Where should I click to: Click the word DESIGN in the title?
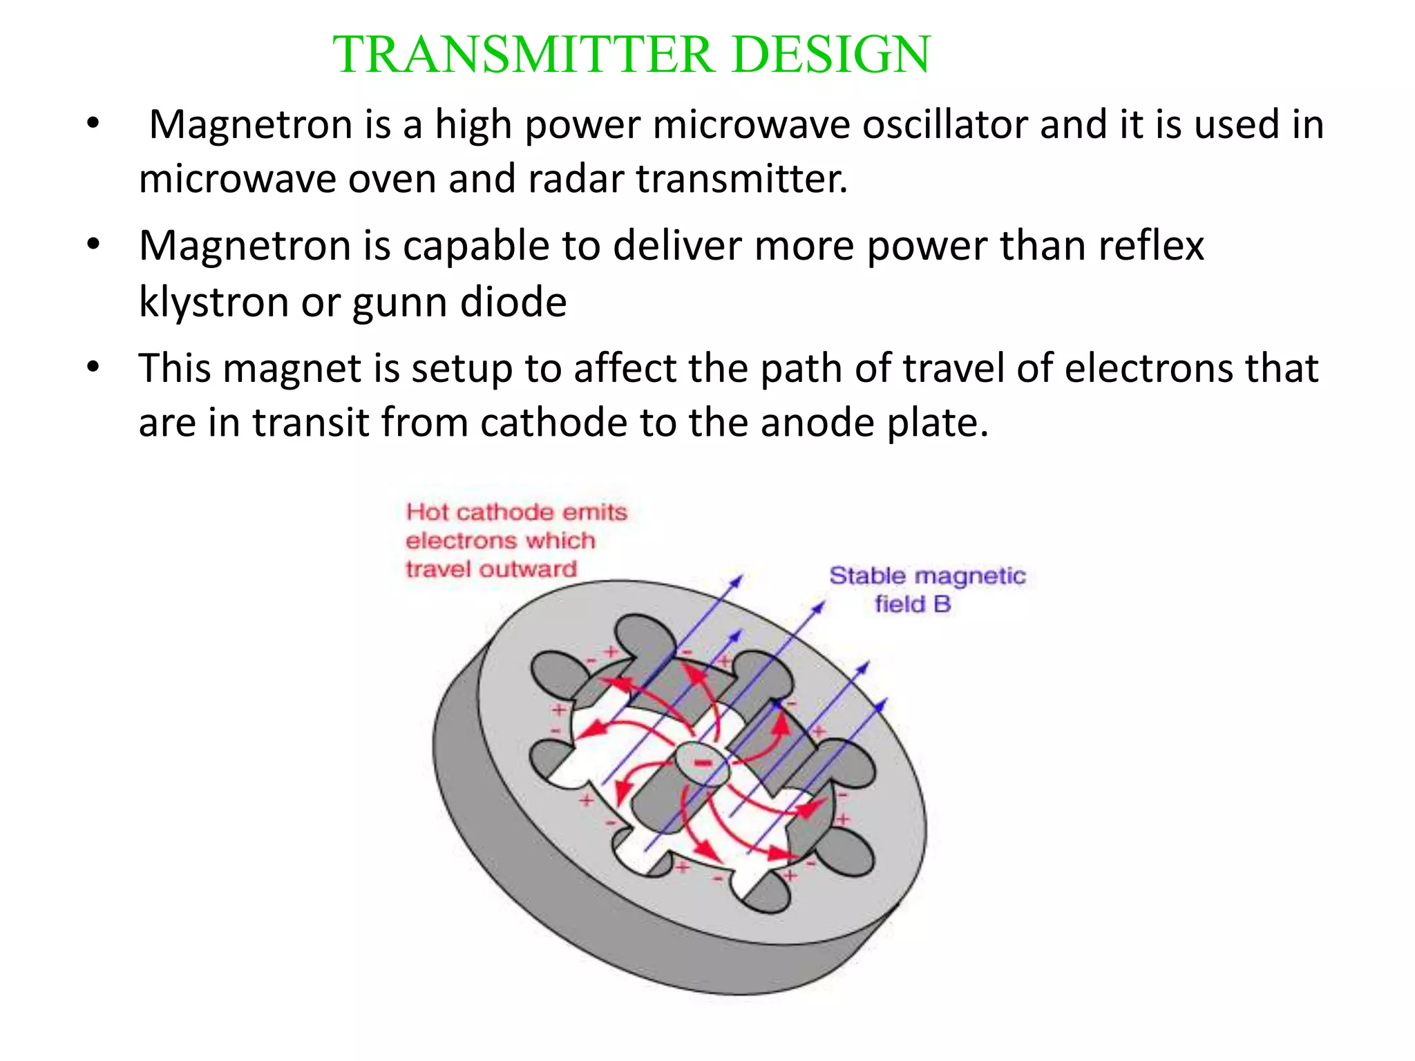point(830,55)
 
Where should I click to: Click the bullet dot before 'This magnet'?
point(94,367)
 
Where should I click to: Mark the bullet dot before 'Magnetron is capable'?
point(94,245)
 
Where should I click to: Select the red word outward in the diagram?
point(528,569)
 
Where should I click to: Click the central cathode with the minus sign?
point(702,763)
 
